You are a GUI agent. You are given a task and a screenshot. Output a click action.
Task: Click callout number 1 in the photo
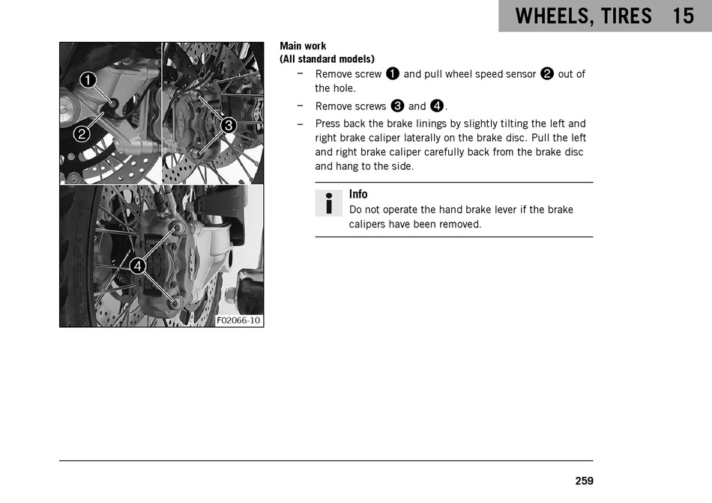[x=88, y=80]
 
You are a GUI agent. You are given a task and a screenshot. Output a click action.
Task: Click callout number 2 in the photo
[x=82, y=134]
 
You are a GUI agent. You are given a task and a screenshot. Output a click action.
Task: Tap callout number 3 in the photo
[x=229, y=125]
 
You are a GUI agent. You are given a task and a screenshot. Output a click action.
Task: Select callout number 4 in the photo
[x=138, y=266]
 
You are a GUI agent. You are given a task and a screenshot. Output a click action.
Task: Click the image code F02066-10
[x=238, y=320]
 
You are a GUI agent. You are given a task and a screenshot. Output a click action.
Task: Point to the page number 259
[x=584, y=481]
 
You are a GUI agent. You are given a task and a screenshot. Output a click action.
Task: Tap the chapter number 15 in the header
[x=683, y=16]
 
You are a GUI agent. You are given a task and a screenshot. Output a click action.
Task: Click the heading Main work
[x=303, y=46]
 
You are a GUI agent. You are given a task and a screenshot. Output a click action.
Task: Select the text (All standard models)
[x=327, y=59]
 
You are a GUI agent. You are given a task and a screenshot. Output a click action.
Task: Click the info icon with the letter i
[x=329, y=203]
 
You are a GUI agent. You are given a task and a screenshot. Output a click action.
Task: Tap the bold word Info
[x=358, y=194]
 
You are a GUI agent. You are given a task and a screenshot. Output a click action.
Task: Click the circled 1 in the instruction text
[x=392, y=73]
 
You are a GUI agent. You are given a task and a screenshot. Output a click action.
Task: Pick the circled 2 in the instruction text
[x=547, y=73]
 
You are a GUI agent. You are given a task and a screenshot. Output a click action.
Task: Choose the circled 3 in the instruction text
[x=397, y=106]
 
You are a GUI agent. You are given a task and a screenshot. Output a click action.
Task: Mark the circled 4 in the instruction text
[x=437, y=106]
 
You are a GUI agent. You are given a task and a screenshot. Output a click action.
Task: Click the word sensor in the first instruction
[x=521, y=74]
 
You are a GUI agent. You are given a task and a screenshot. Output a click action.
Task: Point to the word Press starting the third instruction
[x=328, y=124]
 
